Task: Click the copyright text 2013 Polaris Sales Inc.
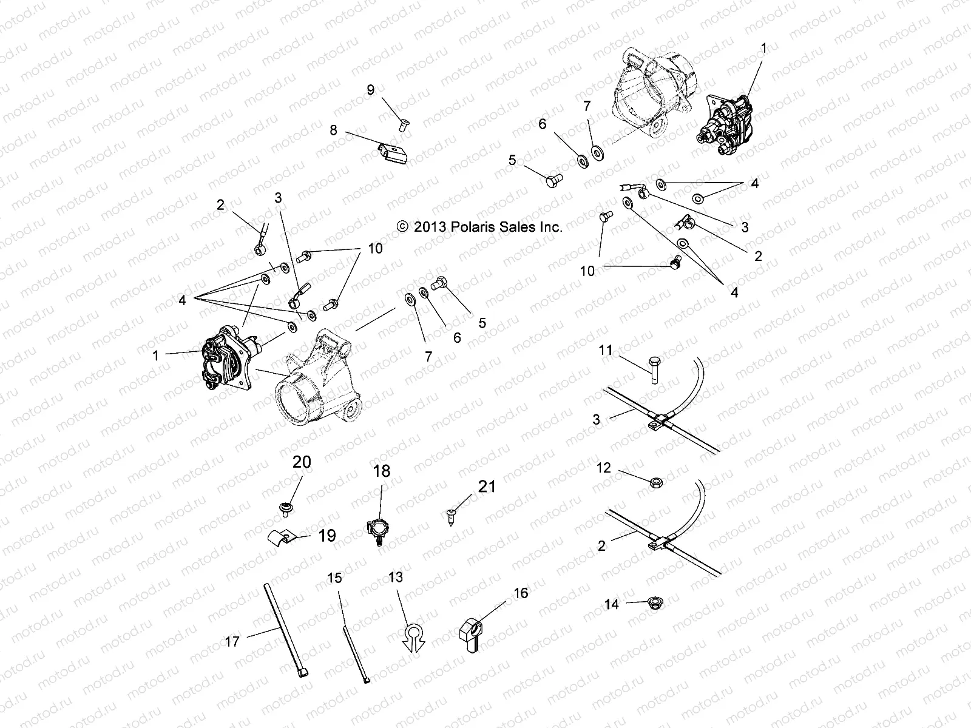coord(479,227)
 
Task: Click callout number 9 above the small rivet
coord(371,90)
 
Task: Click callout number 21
coord(487,486)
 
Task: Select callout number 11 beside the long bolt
coord(605,350)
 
